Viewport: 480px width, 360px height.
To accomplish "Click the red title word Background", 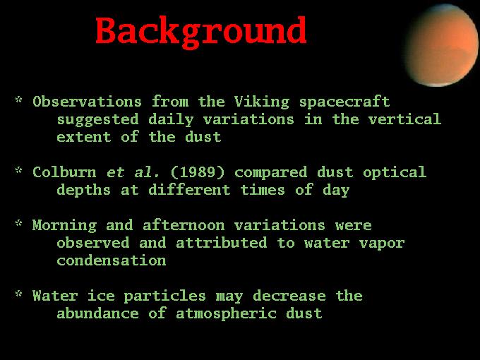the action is (201, 32).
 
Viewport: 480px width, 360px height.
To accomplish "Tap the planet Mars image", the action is (441, 45).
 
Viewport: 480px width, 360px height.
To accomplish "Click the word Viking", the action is (262, 102).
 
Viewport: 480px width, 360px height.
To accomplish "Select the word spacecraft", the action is (344, 102).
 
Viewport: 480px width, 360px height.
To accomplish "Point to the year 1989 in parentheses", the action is (198, 172).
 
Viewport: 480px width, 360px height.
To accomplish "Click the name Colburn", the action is (64, 172).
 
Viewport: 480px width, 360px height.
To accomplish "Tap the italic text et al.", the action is (133, 172).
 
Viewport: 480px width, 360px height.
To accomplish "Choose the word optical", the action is (395, 173).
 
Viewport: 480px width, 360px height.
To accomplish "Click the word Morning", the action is (65, 226).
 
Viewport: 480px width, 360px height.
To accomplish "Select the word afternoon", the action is (184, 226).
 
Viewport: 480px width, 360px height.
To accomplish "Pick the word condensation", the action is (112, 260).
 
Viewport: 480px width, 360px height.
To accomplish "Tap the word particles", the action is (164, 296).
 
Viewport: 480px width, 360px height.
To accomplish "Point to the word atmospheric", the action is (226, 314).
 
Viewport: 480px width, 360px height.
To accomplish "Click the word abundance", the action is (97, 313).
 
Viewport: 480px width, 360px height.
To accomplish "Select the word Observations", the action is (88, 102).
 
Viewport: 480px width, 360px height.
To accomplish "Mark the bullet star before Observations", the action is (19, 100).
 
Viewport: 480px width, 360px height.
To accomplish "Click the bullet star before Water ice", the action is (19, 294).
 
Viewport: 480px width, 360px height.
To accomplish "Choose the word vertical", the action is (404, 119).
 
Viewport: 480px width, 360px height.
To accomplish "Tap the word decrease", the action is (289, 296).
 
